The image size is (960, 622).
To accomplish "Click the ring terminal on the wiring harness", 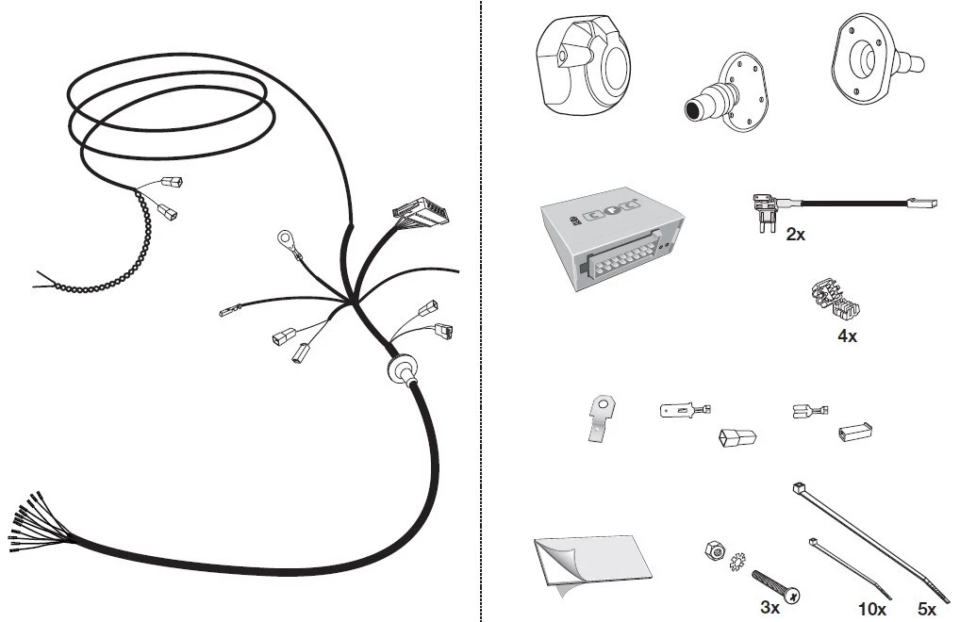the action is (287, 238).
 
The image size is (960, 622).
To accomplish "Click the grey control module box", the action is (612, 238).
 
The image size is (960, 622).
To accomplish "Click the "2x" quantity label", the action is (795, 235).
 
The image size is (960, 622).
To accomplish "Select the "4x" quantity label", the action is (848, 336).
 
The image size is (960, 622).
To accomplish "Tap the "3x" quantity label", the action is (770, 607).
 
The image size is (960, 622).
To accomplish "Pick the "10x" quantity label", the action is (872, 609).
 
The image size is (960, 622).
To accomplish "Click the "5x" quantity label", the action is (926, 609).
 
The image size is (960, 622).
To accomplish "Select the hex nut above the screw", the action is (713, 549).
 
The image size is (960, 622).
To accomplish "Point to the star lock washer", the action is (737, 562).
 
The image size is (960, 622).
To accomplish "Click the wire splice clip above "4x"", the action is (836, 300).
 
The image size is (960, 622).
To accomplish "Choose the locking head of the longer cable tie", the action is (798, 488).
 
